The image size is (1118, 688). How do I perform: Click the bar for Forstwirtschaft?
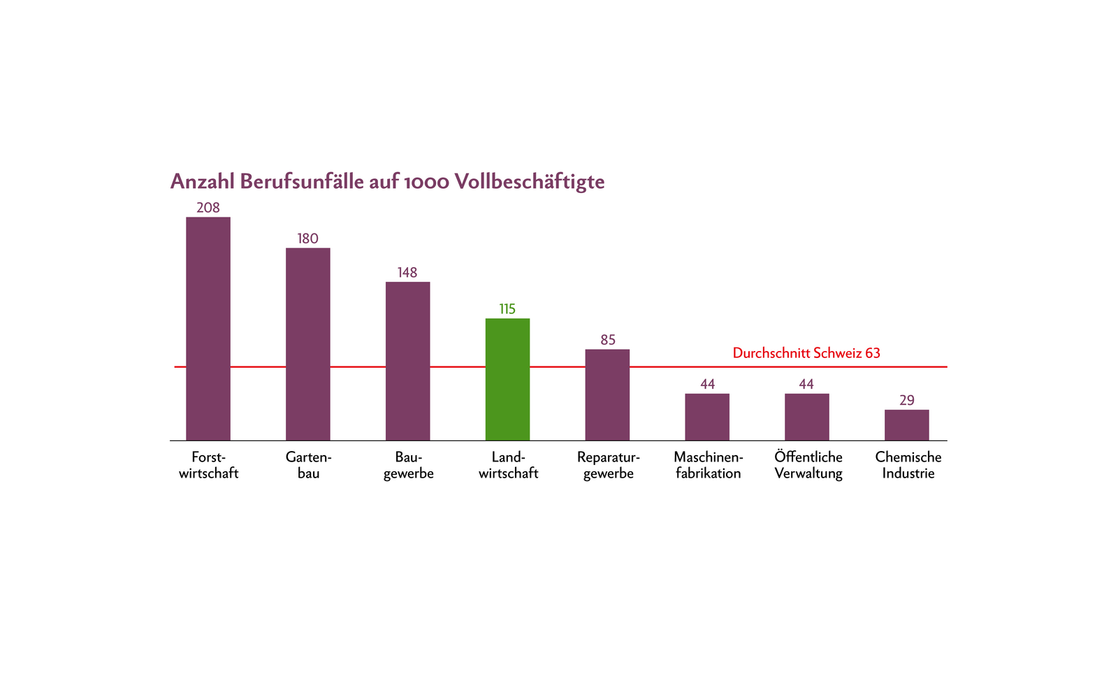208,329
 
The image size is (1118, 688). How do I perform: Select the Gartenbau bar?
307,344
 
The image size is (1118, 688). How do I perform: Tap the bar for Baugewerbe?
407,361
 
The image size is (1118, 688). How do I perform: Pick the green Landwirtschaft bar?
507,379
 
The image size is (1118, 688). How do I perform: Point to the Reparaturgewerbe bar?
607,394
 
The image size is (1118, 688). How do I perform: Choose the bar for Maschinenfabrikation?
706,417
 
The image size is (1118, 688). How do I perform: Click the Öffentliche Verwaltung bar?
806,417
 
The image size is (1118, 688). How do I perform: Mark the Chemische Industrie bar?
906,425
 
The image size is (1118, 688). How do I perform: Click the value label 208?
208,208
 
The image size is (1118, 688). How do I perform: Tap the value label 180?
307,238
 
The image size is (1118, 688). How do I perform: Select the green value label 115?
507,309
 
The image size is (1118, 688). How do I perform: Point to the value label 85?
608,340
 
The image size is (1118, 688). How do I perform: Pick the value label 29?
906,401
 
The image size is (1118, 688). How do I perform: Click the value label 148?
407,273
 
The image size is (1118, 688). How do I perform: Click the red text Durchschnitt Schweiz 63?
806,353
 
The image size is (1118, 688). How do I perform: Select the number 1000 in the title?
426,182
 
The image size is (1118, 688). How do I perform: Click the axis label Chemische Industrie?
908,465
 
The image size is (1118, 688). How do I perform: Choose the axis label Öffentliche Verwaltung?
808,465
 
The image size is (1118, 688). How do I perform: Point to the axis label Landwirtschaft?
508,465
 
